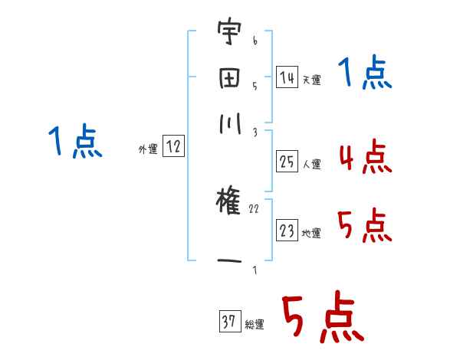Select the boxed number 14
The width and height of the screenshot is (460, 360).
click(x=287, y=77)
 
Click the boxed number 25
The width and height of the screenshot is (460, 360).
click(x=287, y=162)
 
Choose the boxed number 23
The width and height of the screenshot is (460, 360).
click(x=287, y=231)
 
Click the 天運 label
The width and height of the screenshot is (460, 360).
click(x=311, y=80)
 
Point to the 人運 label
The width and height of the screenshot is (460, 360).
click(x=311, y=164)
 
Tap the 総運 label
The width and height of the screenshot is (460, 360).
click(x=255, y=324)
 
